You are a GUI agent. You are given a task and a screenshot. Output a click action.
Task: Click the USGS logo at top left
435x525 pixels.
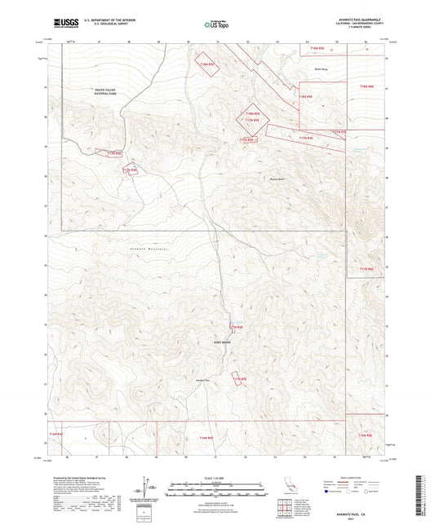pos(63,24)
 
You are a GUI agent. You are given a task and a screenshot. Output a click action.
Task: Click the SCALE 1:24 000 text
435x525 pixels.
pos(216,477)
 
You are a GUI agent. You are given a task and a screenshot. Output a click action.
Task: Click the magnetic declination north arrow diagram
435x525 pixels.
pos(150,488)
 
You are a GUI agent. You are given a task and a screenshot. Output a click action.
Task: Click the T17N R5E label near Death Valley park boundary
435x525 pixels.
pos(109,152)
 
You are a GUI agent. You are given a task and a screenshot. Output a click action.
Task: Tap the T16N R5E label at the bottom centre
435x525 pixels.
pos(205,438)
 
